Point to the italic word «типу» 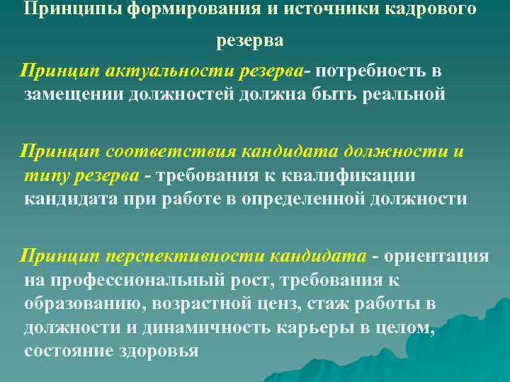point(42,175)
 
